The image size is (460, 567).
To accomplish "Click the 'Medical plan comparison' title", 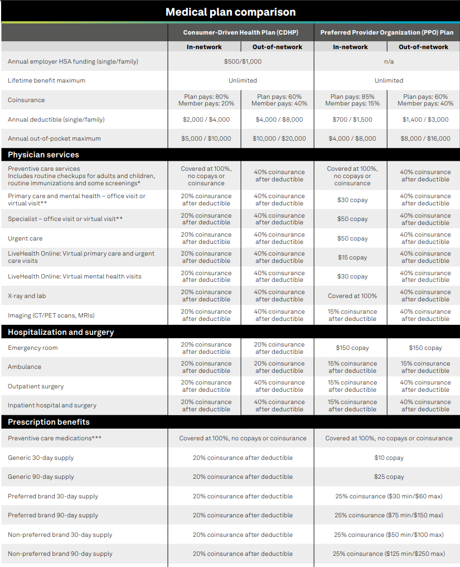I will tap(230, 12).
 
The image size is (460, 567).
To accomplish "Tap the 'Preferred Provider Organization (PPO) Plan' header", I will tap(386, 32).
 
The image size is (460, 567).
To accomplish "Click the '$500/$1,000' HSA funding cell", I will tap(243, 61).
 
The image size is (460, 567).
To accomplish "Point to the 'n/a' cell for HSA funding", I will tap(389, 61).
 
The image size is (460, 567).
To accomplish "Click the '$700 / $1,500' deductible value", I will tap(352, 119).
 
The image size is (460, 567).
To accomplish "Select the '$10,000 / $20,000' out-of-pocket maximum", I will tap(279, 138).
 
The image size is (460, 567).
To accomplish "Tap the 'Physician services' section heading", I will tap(43, 155).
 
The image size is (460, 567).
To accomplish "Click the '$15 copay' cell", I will tap(352, 257).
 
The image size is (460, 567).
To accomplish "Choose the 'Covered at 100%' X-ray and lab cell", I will tap(352, 296).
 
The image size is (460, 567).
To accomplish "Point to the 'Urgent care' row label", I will tap(25, 238).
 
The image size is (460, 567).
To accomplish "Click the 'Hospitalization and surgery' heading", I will tap(61, 332).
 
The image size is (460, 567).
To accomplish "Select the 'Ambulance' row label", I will tap(25, 367).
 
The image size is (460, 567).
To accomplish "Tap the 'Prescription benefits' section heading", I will tap(49, 422).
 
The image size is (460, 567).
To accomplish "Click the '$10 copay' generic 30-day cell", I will tap(389, 458).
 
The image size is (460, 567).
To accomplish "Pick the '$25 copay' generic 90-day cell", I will tap(389, 477).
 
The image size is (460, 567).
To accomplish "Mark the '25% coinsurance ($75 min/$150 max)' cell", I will tap(389, 515).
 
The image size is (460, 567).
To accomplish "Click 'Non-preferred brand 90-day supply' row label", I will tap(60, 554).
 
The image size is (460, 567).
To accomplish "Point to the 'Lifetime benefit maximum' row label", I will tap(46, 80).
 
